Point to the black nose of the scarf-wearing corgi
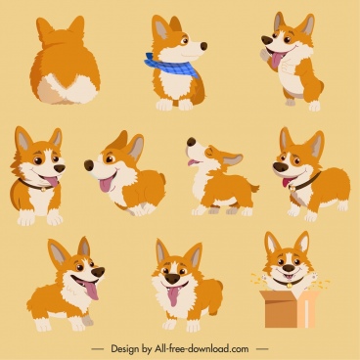[203, 44]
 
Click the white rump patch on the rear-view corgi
[67, 90]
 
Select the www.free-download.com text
[206, 347]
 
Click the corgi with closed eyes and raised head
[217, 176]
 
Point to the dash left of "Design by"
[98, 347]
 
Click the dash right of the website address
[261, 347]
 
